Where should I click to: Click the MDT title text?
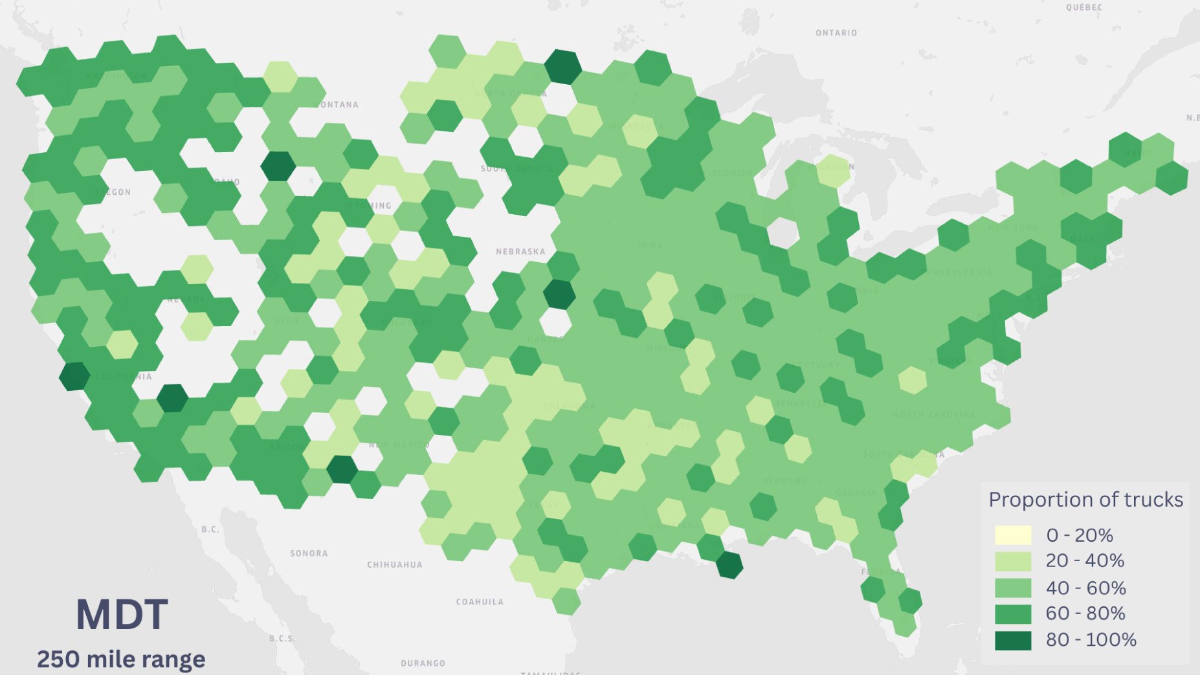[122, 615]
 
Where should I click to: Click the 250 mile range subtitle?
[121, 659]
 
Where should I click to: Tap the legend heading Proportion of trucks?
[1085, 500]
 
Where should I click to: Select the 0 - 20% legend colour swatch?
[1013, 535]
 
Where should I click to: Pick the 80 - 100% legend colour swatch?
[1013, 640]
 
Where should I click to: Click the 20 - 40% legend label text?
[1085, 560]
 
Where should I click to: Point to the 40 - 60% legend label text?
[1085, 588]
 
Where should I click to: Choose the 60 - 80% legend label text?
[1085, 613]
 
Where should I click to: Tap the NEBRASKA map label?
[520, 251]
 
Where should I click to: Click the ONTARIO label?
[836, 33]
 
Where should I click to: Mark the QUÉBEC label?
[1084, 7]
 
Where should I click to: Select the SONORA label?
[309, 553]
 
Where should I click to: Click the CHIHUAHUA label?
[395, 564]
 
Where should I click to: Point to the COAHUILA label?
[480, 602]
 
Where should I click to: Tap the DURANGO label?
[423, 663]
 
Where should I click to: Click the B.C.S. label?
[282, 638]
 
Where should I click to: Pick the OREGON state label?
[113, 192]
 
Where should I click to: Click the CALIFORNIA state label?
[123, 377]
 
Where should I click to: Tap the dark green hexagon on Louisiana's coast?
[729, 564]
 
